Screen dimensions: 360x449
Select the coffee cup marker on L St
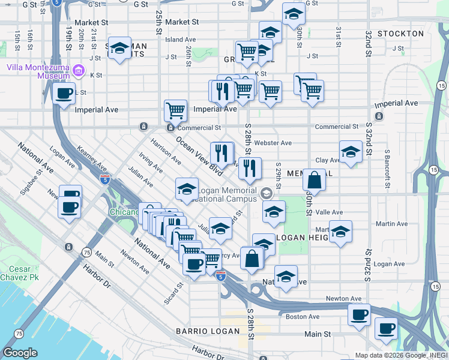(64, 94)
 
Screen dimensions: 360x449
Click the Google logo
(20, 352)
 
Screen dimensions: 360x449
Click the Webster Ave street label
(273, 143)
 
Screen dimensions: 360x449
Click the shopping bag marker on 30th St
(314, 179)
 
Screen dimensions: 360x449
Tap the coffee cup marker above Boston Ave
(360, 315)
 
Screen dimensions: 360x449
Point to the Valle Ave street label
(329, 212)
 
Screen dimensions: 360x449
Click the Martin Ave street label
(391, 224)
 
